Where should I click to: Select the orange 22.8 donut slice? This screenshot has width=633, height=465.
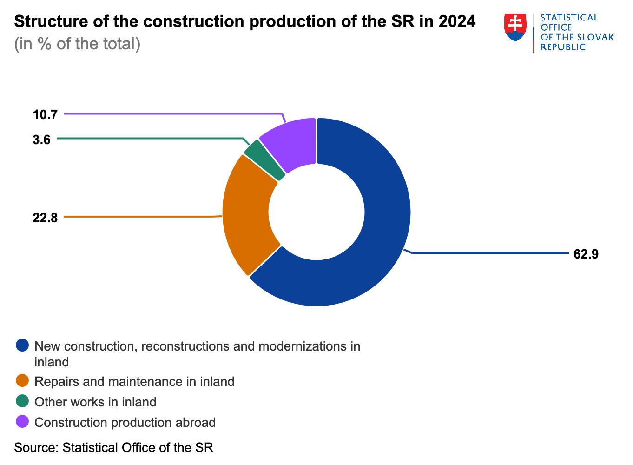pyautogui.click(x=246, y=214)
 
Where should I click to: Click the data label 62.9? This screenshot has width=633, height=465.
pyautogui.click(x=586, y=254)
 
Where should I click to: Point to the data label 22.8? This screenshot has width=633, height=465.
pyautogui.click(x=45, y=217)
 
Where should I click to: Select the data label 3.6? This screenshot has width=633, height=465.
pyautogui.click(x=42, y=139)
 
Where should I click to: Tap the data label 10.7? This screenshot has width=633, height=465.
pyautogui.click(x=45, y=114)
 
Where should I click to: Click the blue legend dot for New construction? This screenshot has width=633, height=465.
pyautogui.click(x=22, y=345)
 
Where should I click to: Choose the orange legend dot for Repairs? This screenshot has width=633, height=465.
pyautogui.click(x=22, y=381)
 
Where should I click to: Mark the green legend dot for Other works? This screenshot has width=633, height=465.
pyautogui.click(x=22, y=401)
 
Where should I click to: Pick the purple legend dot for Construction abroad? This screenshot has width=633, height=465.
pyautogui.click(x=22, y=422)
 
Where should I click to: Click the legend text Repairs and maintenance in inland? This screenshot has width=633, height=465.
pyautogui.click(x=134, y=382)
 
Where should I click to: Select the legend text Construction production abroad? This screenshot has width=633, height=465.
pyautogui.click(x=125, y=423)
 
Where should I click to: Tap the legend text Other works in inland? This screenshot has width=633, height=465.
pyautogui.click(x=95, y=402)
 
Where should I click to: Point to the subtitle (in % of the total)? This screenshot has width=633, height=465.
pyautogui.click(x=77, y=44)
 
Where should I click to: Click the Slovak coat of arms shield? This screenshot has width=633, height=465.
pyautogui.click(x=515, y=27)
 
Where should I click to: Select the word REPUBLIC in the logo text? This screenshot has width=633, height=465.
pyautogui.click(x=563, y=47)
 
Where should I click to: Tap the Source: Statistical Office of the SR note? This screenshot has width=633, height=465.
pyautogui.click(x=113, y=448)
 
